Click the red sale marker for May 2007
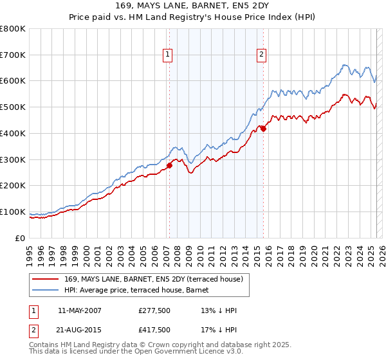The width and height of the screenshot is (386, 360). coord(169,166)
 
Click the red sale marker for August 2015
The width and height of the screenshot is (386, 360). coord(263,129)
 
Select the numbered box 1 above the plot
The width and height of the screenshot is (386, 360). coord(167,55)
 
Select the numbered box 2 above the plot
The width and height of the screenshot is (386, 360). coord(262,55)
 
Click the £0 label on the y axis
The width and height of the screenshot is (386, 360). coord(21,238)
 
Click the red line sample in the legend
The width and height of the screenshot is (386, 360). coord(46,279)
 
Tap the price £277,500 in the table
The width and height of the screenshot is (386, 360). coord(154,310)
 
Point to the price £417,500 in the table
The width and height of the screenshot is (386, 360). coord(154,330)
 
